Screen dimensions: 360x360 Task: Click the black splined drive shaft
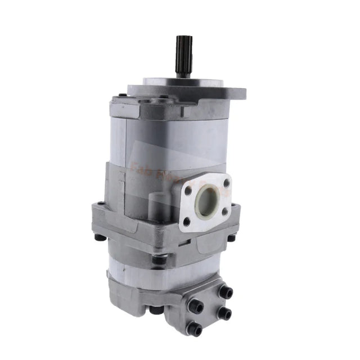(183, 56)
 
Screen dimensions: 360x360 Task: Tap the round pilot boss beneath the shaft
(169, 82)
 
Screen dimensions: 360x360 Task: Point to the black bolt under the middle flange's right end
(231, 238)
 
